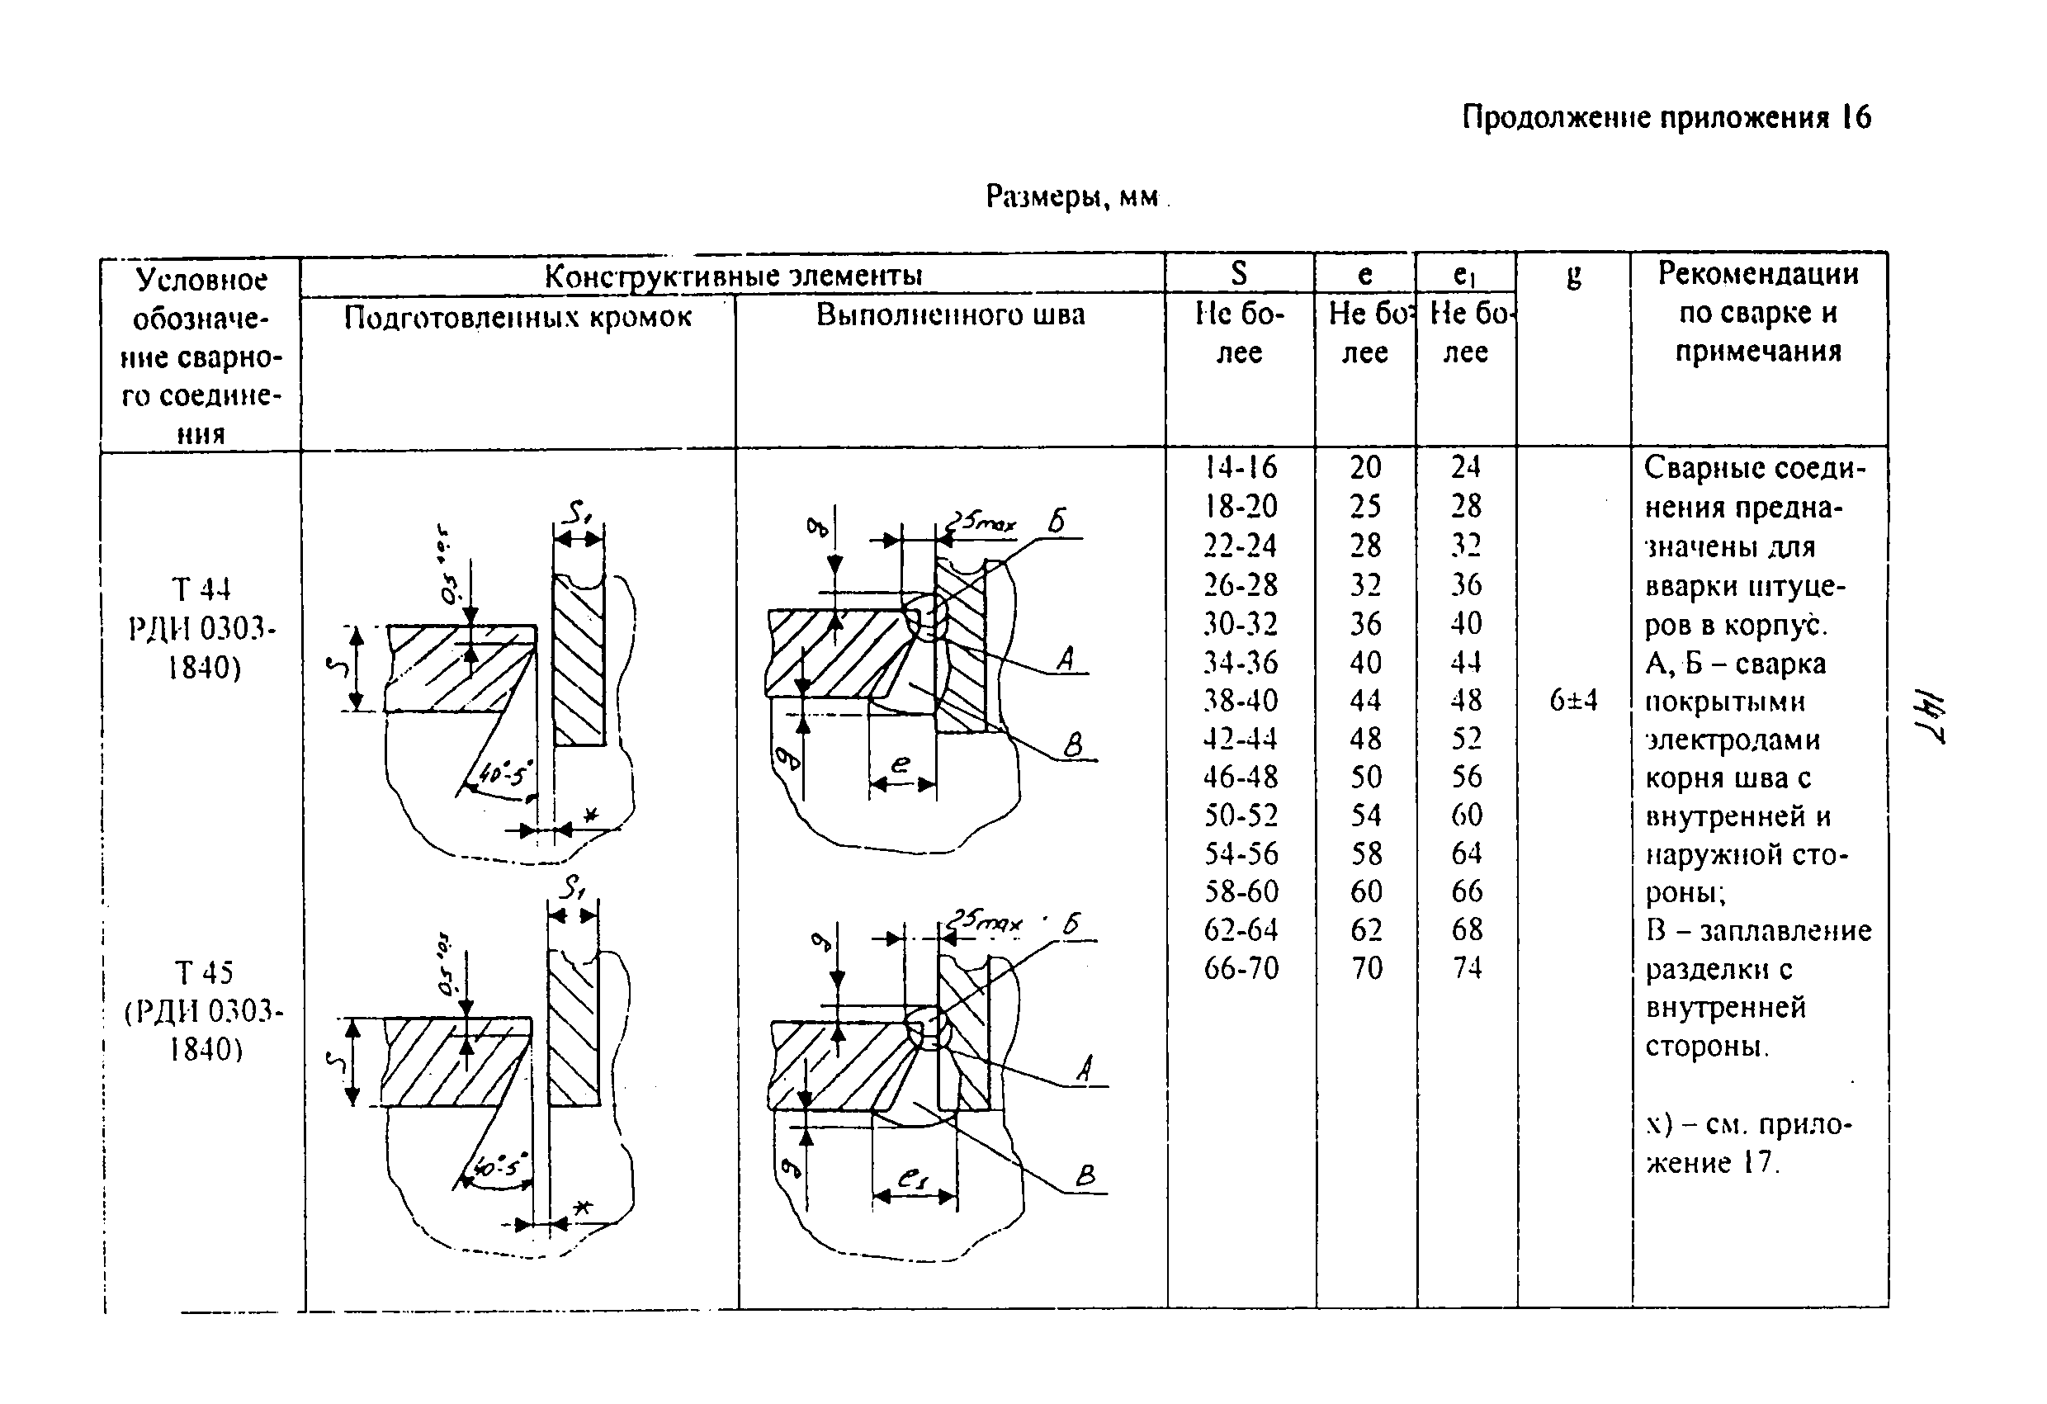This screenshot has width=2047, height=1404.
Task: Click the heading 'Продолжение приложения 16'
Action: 1666,117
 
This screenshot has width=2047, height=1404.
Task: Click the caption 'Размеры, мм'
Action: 1072,196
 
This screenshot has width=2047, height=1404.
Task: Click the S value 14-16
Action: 1241,467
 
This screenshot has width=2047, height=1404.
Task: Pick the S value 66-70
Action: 1241,968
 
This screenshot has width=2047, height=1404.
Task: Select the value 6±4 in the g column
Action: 1573,701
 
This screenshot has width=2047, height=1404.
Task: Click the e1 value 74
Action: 1467,968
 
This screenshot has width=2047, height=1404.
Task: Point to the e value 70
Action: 1366,968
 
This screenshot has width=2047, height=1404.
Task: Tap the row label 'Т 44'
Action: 201,589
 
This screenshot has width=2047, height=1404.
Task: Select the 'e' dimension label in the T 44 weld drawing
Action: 901,763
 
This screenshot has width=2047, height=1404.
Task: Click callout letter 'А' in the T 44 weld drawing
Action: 1066,658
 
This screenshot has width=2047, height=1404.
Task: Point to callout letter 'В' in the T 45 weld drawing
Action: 1085,1175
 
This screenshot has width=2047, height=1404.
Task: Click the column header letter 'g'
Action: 1573,277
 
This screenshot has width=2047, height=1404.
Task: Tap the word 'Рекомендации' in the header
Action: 1758,274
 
